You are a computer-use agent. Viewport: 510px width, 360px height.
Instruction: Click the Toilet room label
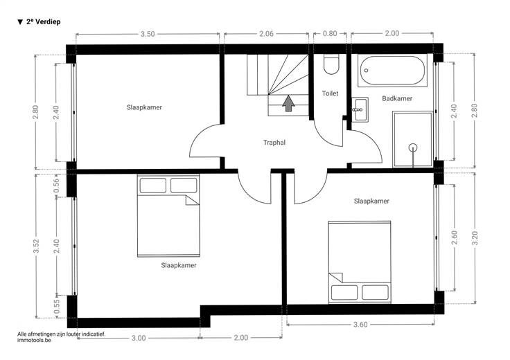pyautogui.click(x=330, y=93)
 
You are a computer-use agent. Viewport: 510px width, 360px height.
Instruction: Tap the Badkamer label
pyautogui.click(x=397, y=98)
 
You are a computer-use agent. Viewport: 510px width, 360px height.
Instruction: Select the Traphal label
pyautogui.click(x=274, y=143)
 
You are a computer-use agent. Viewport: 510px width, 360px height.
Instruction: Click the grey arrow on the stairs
pyautogui.click(x=288, y=103)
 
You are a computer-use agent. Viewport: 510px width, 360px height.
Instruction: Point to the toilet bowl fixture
pyautogui.click(x=331, y=64)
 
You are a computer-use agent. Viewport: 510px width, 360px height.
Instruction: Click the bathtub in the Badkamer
pyautogui.click(x=393, y=71)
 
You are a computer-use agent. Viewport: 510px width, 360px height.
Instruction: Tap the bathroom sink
pyautogui.click(x=360, y=109)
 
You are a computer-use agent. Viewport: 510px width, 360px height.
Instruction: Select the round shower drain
pyautogui.click(x=413, y=148)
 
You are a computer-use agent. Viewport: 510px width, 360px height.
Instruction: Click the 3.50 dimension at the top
pyautogui.click(x=148, y=34)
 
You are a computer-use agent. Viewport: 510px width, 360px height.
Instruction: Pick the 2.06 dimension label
pyautogui.click(x=266, y=34)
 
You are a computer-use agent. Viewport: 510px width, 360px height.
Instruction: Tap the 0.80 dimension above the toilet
pyautogui.click(x=330, y=33)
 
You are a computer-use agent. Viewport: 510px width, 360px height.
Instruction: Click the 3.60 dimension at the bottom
pyautogui.click(x=360, y=325)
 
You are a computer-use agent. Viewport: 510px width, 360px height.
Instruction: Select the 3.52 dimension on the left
pyautogui.click(x=37, y=246)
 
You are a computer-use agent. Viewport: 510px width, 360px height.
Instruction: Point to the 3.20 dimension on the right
pyautogui.click(x=475, y=238)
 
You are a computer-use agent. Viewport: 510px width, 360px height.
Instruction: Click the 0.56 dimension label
pyautogui.click(x=56, y=186)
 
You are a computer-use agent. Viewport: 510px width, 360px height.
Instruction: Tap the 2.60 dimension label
pyautogui.click(x=455, y=238)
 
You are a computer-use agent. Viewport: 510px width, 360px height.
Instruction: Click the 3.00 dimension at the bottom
pyautogui.click(x=139, y=339)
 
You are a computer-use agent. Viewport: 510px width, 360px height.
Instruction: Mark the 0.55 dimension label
pyautogui.click(x=57, y=307)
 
